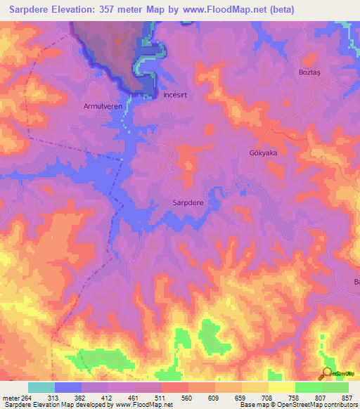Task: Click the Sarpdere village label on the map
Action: click(x=188, y=202)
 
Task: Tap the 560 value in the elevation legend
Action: click(x=187, y=397)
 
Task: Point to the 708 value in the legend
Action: click(x=266, y=397)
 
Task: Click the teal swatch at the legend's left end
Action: click(x=41, y=387)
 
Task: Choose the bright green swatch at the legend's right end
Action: click(x=335, y=387)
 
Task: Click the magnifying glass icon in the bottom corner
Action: click(x=326, y=374)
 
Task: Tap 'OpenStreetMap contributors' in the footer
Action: click(x=310, y=405)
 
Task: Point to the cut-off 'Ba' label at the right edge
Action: click(x=356, y=282)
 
